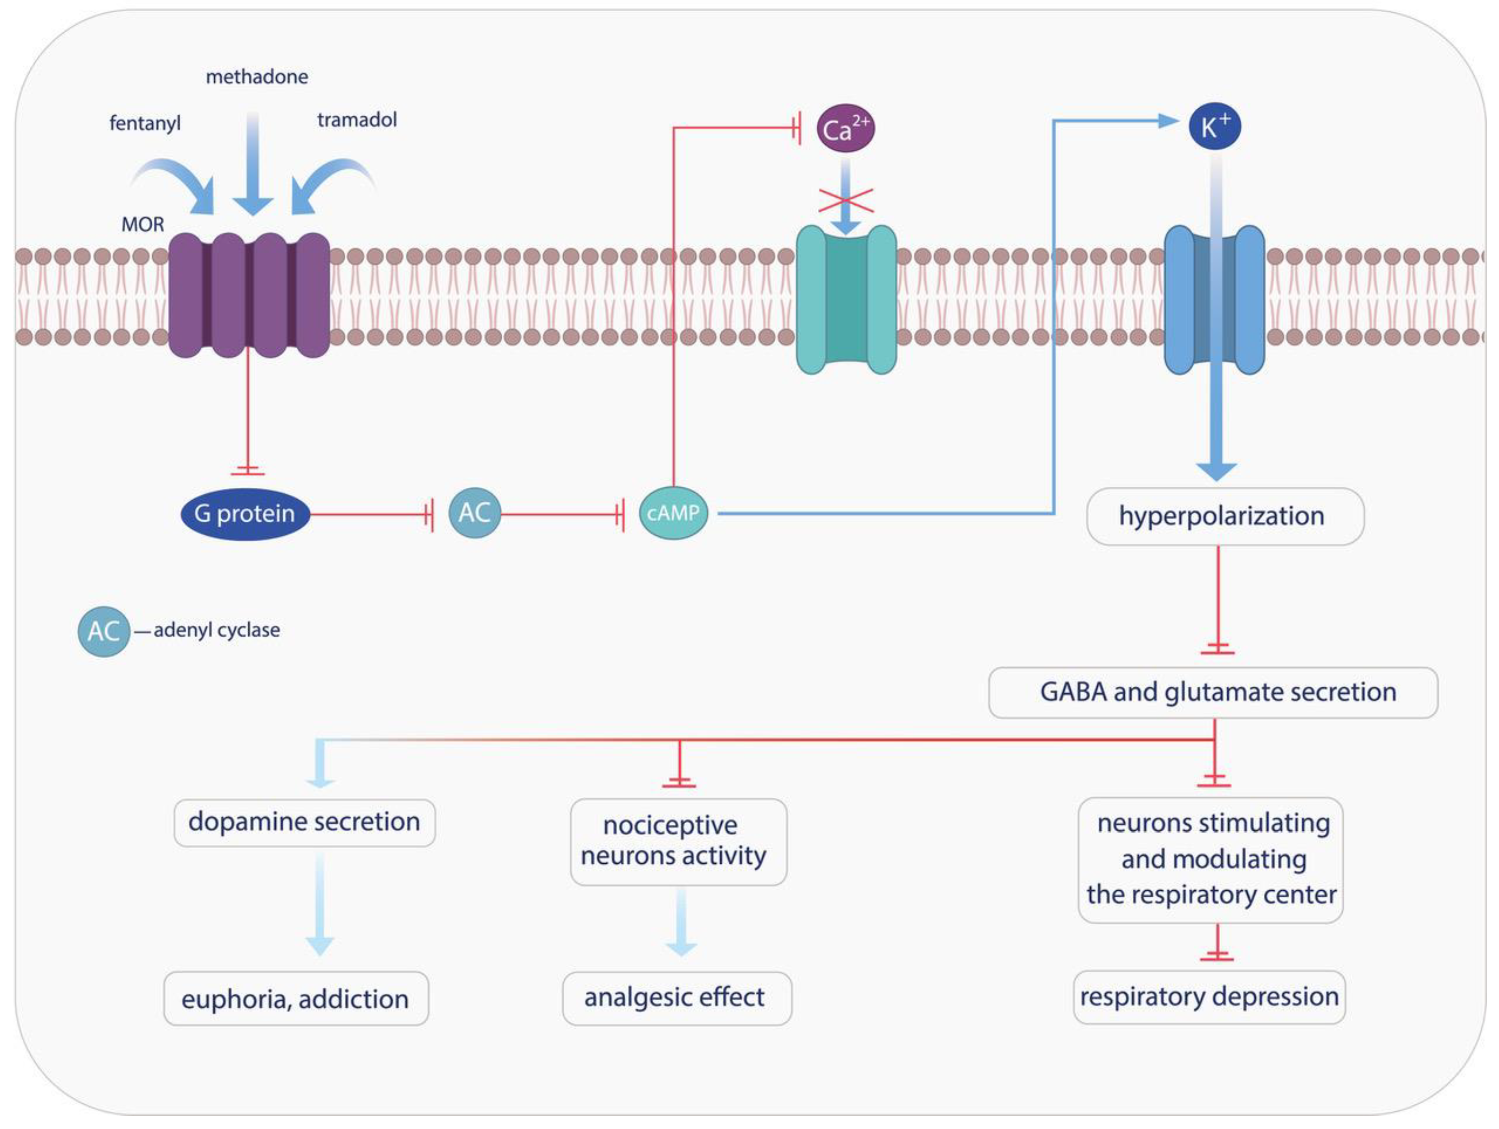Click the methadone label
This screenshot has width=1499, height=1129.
point(257,77)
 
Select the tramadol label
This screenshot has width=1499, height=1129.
point(357,120)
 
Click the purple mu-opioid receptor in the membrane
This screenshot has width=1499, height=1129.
point(249,295)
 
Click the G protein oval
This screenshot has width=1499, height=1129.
point(245,514)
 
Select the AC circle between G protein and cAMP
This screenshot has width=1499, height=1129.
point(474,513)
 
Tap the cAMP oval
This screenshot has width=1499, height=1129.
point(673,513)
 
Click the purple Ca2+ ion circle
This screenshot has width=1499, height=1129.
point(845,128)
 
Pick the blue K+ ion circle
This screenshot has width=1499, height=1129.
point(1214,126)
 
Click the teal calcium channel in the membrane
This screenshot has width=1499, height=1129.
point(846,300)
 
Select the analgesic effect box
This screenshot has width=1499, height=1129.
point(676,998)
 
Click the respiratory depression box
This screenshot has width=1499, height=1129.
point(1209,997)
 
